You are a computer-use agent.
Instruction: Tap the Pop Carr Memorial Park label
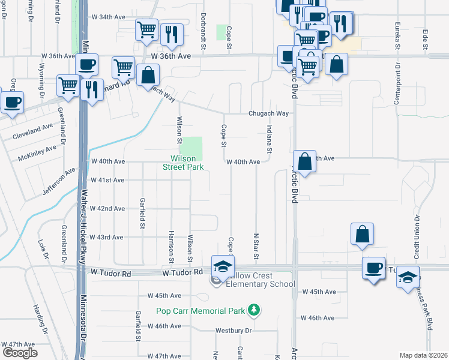pyautogui.click(x=200, y=311)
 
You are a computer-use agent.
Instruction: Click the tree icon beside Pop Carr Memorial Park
pyautogui.click(x=255, y=310)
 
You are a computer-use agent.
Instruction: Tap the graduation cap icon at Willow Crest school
pyautogui.click(x=223, y=265)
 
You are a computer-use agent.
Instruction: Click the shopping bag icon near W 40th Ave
pyautogui.click(x=304, y=161)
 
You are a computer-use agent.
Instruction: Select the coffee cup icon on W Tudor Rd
pyautogui.click(x=373, y=267)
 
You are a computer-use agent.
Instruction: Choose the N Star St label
pyautogui.click(x=256, y=247)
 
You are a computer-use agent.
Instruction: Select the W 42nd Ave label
pyautogui.click(x=107, y=209)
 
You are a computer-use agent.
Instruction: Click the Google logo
pyautogui.click(x=20, y=353)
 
